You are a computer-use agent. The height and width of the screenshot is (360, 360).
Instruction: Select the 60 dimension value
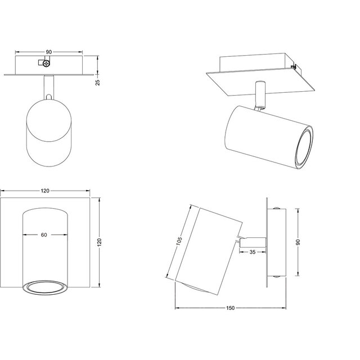44,235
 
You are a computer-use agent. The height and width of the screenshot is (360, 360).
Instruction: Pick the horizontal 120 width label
45,191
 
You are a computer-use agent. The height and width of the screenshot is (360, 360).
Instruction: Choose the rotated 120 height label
100,242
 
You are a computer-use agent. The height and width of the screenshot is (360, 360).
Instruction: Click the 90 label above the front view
49,52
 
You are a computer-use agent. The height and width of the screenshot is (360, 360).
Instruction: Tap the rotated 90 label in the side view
298,242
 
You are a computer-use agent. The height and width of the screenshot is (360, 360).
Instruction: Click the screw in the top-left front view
46,64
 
